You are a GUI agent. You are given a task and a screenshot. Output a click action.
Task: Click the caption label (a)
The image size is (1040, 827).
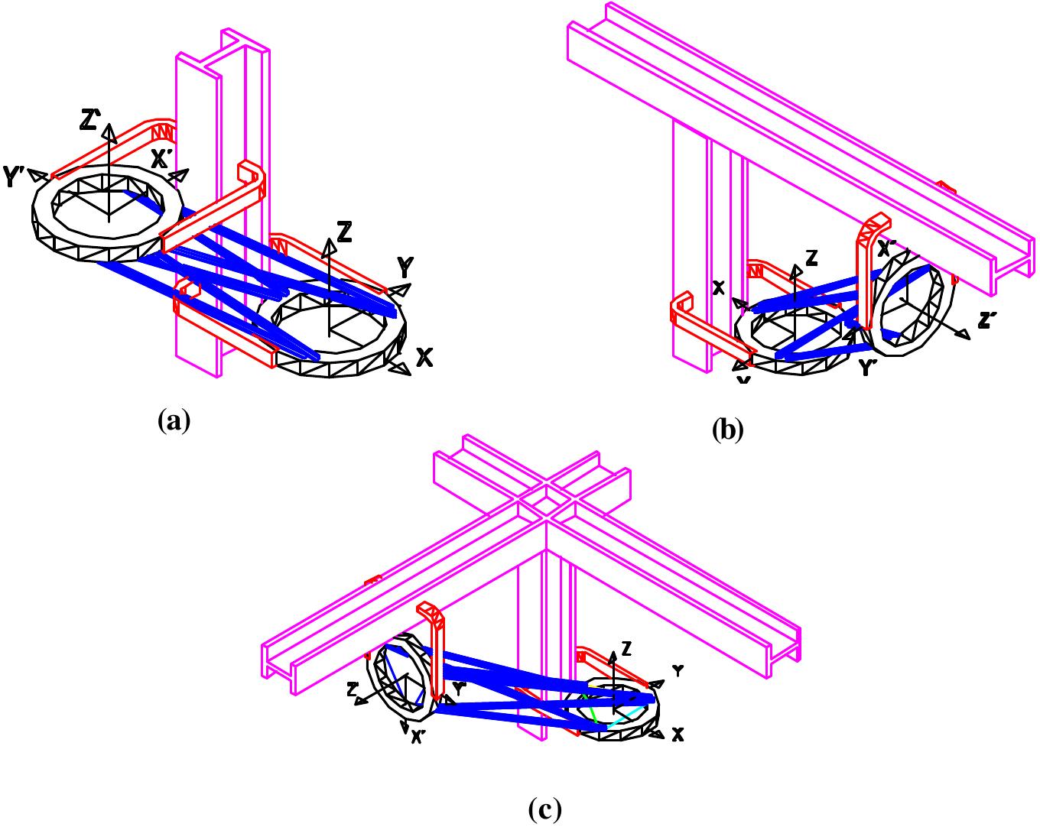173,420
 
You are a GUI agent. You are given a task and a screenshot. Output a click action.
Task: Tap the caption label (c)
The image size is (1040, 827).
545,808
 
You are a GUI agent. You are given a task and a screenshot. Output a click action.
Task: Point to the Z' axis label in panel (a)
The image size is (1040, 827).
91,119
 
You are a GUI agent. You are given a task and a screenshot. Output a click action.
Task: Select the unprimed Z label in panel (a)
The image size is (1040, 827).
344,232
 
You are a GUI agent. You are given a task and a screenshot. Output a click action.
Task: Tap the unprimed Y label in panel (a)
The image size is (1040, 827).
406,268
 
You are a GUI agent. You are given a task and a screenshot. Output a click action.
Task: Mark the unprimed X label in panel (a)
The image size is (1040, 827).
424,356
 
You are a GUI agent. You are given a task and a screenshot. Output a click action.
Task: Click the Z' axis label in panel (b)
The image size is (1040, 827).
987,321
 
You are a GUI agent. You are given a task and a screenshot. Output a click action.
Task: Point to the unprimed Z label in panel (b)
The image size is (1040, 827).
811,259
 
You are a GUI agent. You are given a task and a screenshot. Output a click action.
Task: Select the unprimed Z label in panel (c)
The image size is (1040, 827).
626,649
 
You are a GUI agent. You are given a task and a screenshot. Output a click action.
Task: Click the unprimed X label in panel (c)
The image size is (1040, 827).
677,735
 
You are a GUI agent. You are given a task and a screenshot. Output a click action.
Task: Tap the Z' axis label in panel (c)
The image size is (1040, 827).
353,689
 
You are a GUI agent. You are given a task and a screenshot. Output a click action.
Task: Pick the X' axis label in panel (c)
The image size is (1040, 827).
419,737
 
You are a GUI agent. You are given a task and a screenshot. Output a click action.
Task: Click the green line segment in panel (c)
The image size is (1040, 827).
591,711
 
